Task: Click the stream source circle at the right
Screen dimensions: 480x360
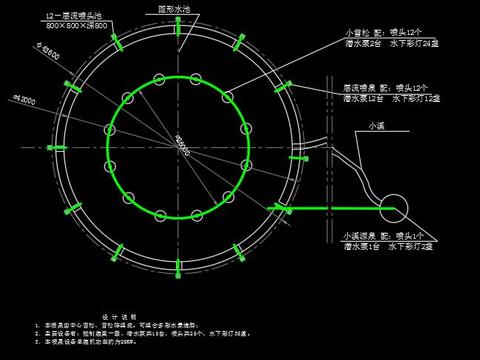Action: coord(392,208)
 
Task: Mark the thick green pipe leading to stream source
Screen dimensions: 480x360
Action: coord(330,208)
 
